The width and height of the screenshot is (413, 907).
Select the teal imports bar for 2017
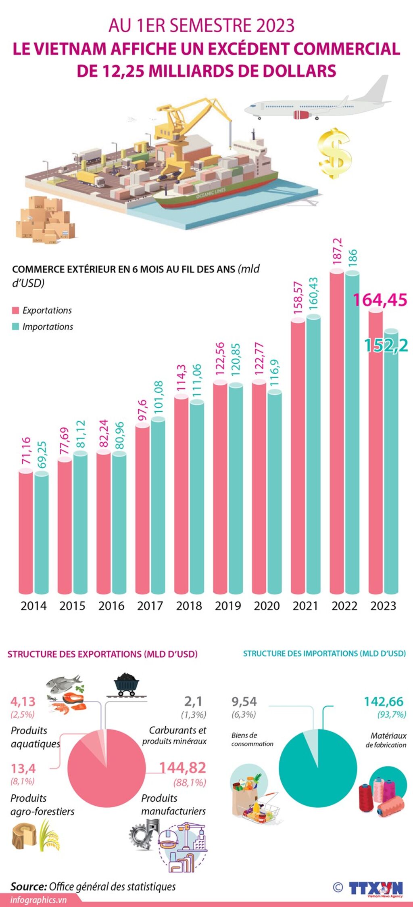(x=158, y=505)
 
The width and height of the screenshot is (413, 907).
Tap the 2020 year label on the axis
(x=267, y=605)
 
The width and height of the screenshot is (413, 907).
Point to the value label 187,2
(x=337, y=251)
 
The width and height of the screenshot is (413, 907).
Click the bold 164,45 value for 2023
(x=380, y=300)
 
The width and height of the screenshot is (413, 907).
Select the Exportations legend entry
(x=42, y=310)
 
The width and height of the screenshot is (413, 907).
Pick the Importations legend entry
(x=43, y=327)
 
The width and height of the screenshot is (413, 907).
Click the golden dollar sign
(x=334, y=153)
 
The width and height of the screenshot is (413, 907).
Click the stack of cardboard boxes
(x=45, y=220)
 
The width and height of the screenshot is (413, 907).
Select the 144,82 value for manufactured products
(x=183, y=767)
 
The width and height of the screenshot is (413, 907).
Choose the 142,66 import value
(x=384, y=702)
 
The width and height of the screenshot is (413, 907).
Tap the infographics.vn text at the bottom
(x=38, y=900)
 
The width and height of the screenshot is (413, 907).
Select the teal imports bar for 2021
(x=313, y=454)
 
